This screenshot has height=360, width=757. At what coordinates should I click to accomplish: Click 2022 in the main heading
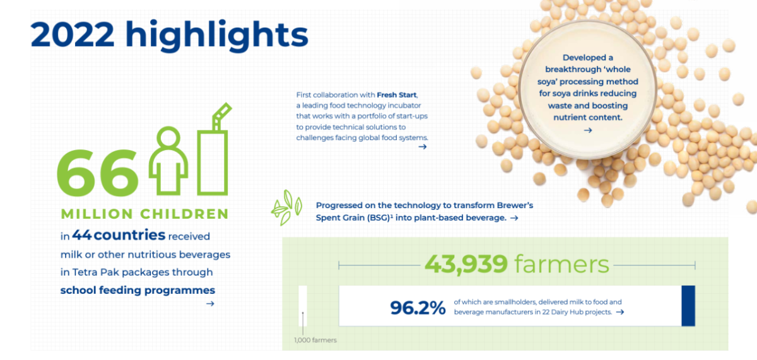click(73, 35)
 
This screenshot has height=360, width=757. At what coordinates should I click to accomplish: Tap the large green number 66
click(98, 173)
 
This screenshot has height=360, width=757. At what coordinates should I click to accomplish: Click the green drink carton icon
click(213, 149)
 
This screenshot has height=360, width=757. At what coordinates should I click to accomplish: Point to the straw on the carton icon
click(221, 116)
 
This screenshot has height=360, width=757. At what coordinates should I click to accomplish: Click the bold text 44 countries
click(119, 235)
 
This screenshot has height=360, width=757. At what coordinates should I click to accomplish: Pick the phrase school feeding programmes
click(138, 290)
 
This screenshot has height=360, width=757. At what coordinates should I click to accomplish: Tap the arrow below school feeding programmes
click(210, 304)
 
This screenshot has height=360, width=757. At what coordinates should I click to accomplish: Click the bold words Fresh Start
click(397, 95)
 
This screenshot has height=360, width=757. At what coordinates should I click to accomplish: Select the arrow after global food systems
click(423, 146)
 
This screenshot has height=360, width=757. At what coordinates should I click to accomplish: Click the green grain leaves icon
click(286, 207)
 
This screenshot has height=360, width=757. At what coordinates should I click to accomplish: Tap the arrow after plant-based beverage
click(514, 218)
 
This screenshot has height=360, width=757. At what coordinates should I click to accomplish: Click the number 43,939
click(466, 264)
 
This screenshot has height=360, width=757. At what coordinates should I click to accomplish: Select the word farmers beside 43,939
click(561, 264)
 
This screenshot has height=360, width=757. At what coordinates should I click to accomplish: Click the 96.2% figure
click(418, 308)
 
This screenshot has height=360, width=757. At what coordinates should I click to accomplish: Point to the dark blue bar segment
click(688, 306)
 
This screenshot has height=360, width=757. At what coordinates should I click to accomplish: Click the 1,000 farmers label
click(315, 340)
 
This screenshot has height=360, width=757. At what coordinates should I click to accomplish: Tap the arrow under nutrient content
click(588, 130)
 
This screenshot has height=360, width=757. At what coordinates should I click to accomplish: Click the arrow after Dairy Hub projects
click(619, 312)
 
